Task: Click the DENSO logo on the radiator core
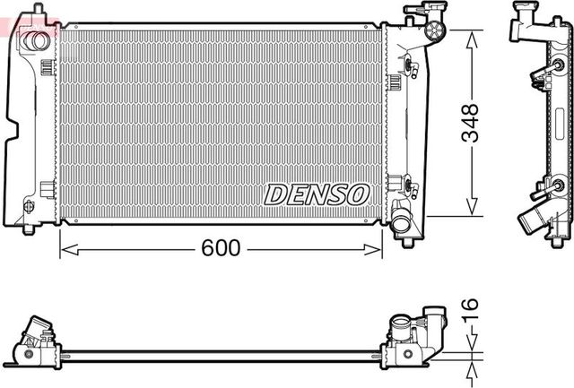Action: coord(317,194)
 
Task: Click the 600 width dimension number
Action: coord(220,248)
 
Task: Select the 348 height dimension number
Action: coord(471,122)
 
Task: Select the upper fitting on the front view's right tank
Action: coord(410,65)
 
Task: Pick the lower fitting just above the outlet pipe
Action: coord(409,187)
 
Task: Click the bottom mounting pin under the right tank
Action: coord(406,240)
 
